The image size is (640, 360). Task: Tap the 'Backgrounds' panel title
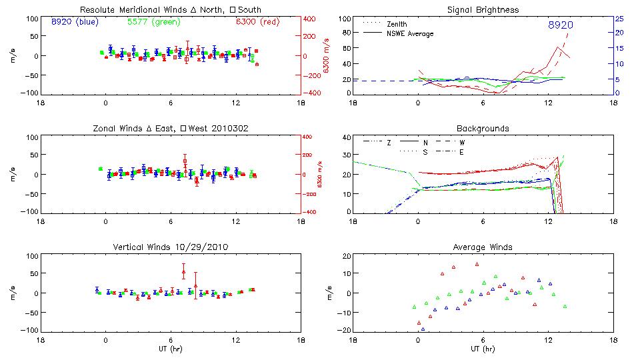click(x=483, y=128)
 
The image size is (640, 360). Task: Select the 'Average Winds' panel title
click(x=483, y=247)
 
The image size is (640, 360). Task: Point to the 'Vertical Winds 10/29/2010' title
click(x=170, y=247)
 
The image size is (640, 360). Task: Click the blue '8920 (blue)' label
click(x=73, y=21)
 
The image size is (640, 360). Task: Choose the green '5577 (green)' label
click(x=153, y=21)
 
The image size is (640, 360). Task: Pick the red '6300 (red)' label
click(x=257, y=21)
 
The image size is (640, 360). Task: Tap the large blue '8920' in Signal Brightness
click(x=561, y=25)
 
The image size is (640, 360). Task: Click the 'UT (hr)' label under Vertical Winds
click(x=171, y=349)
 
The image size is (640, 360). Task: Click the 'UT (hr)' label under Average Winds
click(x=483, y=349)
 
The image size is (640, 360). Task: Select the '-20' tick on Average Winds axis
click(x=345, y=331)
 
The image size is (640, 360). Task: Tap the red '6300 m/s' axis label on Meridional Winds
click(x=327, y=55)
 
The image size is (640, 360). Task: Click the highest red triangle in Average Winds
click(x=477, y=264)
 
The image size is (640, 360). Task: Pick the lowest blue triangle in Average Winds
click(x=423, y=329)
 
